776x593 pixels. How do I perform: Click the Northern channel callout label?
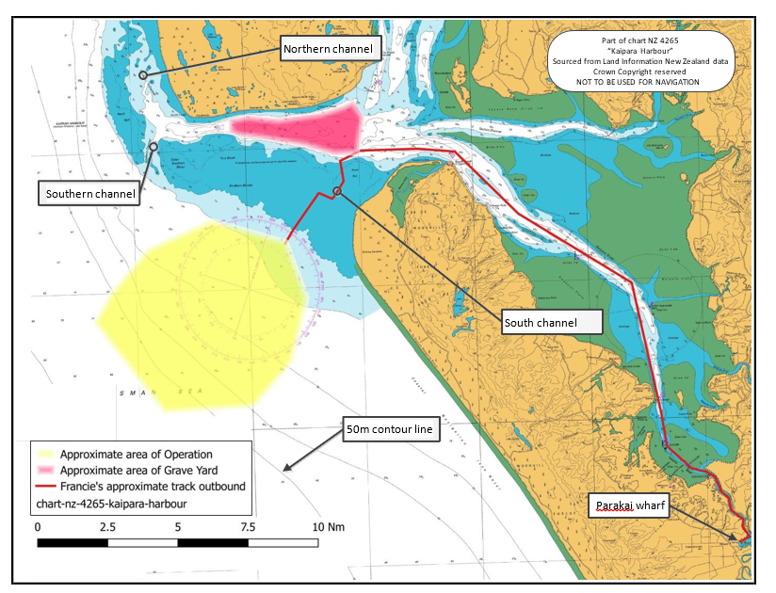click(x=330, y=49)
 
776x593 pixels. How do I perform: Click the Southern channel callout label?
click(x=89, y=194)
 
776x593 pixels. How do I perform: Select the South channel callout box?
click(x=553, y=323)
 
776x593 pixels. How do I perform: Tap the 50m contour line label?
click(x=389, y=429)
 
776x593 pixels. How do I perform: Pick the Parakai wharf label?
click(x=630, y=506)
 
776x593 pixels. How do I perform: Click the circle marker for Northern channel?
click(x=143, y=74)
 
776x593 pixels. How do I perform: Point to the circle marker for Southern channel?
click(x=153, y=147)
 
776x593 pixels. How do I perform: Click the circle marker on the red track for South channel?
click(x=337, y=192)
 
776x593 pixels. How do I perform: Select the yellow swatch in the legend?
click(x=45, y=454)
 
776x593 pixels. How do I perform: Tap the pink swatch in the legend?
click(x=45, y=470)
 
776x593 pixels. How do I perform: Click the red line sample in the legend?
click(x=45, y=487)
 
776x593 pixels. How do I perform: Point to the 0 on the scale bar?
click(x=38, y=526)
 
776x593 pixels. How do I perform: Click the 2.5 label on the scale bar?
click(x=107, y=526)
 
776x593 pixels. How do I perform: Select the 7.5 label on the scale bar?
click(x=248, y=526)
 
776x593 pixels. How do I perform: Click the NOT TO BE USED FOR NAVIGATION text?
click(x=639, y=82)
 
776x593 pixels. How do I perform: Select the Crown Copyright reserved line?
click(x=639, y=72)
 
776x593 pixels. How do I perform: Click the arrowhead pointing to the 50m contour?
click(x=285, y=469)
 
